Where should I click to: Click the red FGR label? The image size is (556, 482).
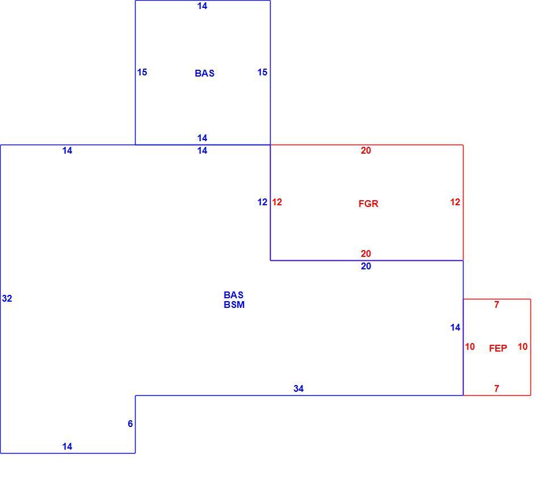(368, 204)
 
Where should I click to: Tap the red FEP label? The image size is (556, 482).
(498, 348)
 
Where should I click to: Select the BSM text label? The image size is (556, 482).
(234, 305)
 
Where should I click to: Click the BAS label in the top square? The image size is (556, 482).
(205, 73)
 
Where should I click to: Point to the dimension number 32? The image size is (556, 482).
(7, 298)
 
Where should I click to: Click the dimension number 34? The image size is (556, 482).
(298, 389)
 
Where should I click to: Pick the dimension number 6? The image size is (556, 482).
(130, 424)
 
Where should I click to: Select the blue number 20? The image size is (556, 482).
(366, 266)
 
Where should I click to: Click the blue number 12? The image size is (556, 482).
(262, 202)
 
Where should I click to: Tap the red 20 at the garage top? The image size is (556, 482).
(366, 151)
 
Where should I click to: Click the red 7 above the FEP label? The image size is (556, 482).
(497, 305)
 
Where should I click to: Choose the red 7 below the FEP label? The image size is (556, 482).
(497, 389)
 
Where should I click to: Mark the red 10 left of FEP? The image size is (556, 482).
(470, 346)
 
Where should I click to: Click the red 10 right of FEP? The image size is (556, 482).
(523, 346)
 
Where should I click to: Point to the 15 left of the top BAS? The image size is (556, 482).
(142, 73)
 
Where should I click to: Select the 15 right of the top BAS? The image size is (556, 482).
(262, 73)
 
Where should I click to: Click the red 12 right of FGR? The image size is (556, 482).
(455, 202)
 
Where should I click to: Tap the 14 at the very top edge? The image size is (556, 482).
(203, 6)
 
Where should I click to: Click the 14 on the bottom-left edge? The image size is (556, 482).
(68, 447)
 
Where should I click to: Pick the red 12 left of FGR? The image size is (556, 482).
(277, 202)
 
